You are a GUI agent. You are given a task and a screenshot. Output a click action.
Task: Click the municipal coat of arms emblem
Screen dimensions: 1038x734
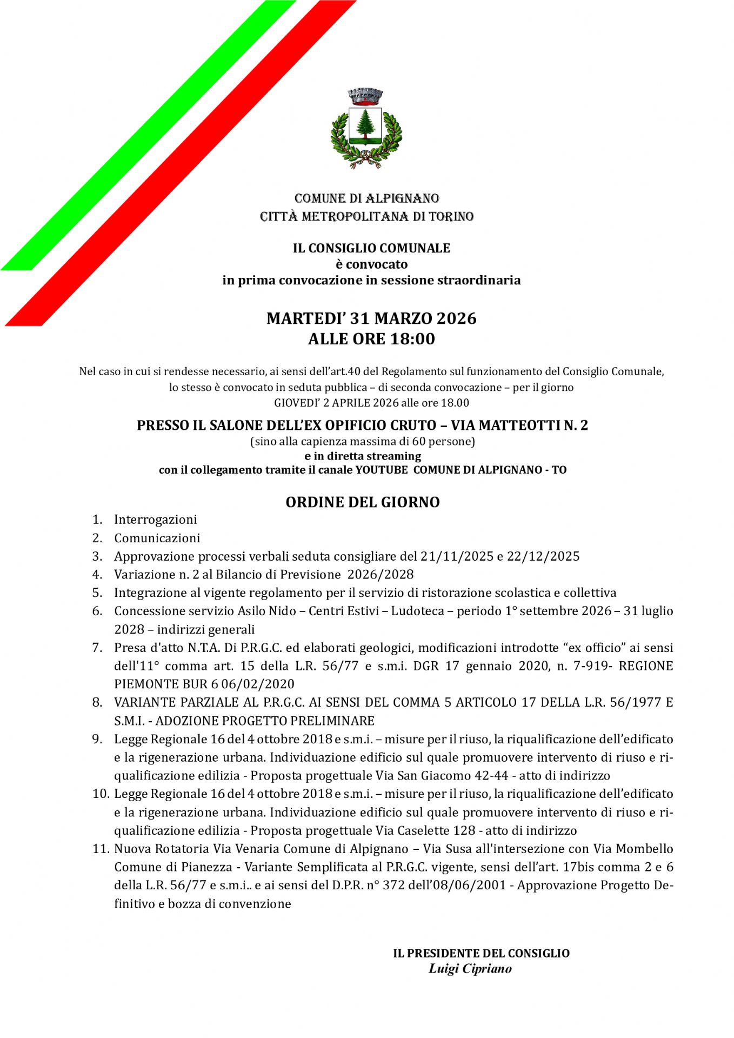[366, 128]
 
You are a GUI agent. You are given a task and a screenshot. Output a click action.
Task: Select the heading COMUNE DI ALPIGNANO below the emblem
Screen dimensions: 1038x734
[366, 198]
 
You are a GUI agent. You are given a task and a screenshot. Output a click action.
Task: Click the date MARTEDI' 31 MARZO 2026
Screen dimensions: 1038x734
[371, 318]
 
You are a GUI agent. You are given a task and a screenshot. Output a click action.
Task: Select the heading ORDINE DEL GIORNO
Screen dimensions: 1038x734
[363, 502]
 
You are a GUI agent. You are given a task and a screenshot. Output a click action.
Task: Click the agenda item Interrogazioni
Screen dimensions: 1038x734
[155, 520]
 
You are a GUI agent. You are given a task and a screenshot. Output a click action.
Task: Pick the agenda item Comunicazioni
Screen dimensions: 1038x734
[157, 538]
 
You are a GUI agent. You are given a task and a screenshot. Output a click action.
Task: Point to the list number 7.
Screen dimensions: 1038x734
[97, 648]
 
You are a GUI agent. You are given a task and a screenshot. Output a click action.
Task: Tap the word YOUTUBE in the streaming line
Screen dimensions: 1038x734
[381, 470]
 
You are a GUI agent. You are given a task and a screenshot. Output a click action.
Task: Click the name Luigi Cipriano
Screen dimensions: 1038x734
[470, 968]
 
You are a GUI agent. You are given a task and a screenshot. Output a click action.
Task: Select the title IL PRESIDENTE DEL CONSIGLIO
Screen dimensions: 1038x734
[481, 953]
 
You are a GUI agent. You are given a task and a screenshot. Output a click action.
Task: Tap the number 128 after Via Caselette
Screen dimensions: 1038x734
[464, 830]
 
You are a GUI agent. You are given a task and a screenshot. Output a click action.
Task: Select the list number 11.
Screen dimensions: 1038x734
[100, 849]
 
